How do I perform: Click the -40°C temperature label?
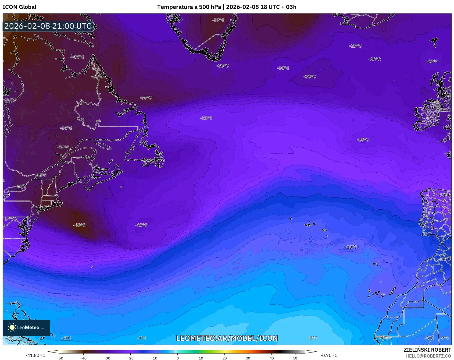tap(79, 225)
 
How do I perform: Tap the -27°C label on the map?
tap(141, 225)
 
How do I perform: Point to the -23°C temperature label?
tap(206, 118)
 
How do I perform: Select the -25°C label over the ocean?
tap(363, 140)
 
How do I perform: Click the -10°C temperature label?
tap(351, 247)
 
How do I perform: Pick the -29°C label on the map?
tap(355, 46)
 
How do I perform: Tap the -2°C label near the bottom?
tap(312, 338)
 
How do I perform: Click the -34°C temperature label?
tap(41, 175)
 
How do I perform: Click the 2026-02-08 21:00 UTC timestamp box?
tap(48, 26)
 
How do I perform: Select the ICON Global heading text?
tap(19, 7)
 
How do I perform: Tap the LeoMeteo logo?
tap(26, 327)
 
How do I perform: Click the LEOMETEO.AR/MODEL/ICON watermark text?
tap(227, 338)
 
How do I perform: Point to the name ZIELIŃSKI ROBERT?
tap(427, 350)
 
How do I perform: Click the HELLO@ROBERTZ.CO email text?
tap(428, 356)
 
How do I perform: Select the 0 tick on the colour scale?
tap(177, 358)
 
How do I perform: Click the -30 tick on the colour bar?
tap(107, 358)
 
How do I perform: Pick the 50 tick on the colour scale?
tap(295, 358)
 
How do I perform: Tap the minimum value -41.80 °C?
tap(35, 355)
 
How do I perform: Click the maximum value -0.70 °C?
tap(329, 355)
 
